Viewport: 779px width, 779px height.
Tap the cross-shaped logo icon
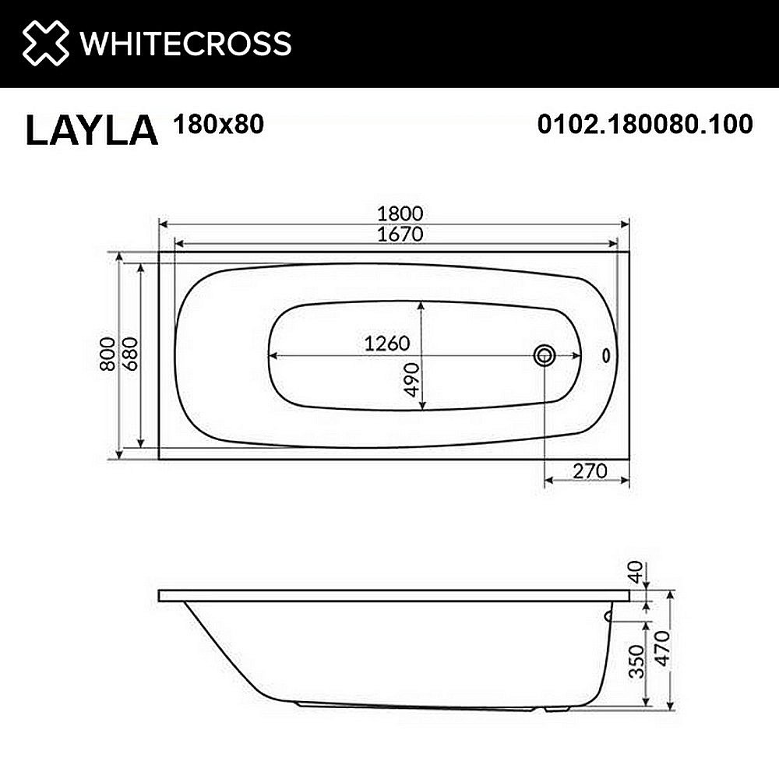tap(46, 43)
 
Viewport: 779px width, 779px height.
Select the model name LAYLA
tap(91, 130)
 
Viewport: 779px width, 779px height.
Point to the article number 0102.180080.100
tap(645, 124)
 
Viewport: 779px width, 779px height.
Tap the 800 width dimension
tap(108, 354)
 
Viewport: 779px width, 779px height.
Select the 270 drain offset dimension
tap(589, 471)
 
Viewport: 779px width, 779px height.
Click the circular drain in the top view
tap(544, 356)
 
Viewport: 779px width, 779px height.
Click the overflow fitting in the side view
tap(608, 616)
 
